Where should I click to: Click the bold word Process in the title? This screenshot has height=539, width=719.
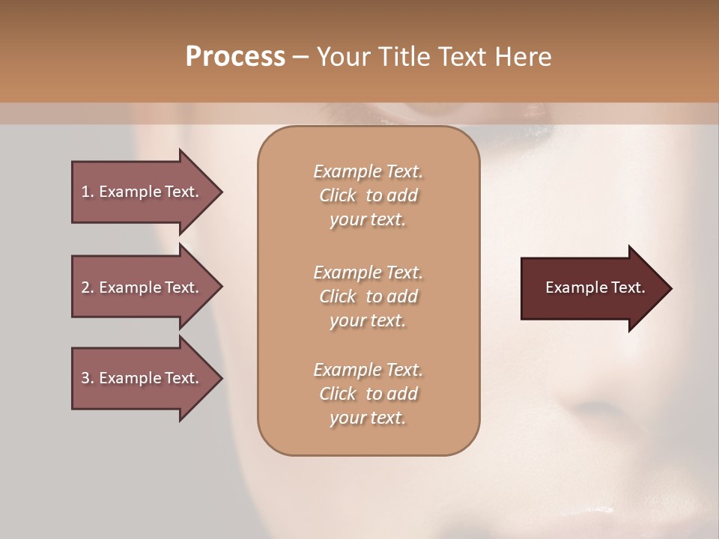[235, 57]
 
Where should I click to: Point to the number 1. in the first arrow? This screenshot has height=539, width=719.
[88, 192]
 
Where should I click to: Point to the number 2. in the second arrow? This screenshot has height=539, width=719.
[88, 287]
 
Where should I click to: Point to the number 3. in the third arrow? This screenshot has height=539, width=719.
[88, 378]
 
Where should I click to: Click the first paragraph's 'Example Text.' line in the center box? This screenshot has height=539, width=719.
[368, 171]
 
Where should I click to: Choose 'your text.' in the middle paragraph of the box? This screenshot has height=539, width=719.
[368, 320]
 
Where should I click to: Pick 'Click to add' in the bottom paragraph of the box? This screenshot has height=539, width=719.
[368, 394]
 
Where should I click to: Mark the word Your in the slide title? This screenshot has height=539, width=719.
[341, 57]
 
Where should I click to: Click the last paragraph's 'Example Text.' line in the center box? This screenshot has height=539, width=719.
[368, 370]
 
